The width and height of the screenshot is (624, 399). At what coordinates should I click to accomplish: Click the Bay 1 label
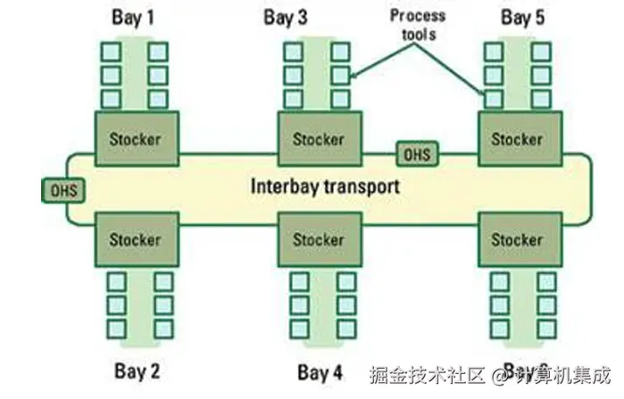(x=136, y=17)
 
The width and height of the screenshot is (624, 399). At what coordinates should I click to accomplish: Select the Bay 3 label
(x=286, y=17)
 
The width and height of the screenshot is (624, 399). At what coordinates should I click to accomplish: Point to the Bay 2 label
(x=137, y=370)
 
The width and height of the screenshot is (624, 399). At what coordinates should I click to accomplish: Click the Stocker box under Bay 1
(x=136, y=138)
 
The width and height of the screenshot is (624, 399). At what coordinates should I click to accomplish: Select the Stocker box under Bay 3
(x=319, y=139)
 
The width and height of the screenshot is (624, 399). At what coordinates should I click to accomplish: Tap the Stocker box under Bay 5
(x=517, y=139)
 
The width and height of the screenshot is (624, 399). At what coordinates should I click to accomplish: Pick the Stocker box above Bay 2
(x=136, y=239)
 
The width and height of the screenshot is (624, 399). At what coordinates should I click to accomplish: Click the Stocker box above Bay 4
(x=319, y=240)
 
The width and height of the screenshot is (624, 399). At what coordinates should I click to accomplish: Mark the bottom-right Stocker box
(x=517, y=240)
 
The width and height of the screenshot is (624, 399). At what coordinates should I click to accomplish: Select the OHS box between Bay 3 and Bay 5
(x=416, y=154)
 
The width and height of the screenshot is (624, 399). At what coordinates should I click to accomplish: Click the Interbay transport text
(x=325, y=187)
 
